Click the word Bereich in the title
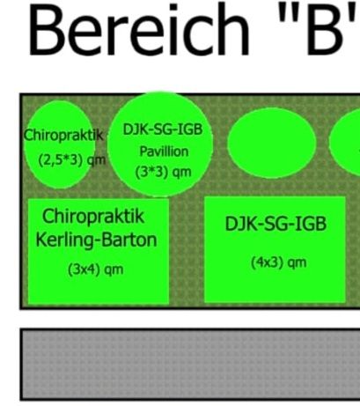[138, 29]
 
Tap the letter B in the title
[324, 29]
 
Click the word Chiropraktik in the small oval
[63, 136]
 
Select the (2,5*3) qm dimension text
[72, 160]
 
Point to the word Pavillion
[164, 151]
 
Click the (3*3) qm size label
[163, 173]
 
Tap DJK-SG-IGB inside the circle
[163, 129]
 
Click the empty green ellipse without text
[272, 143]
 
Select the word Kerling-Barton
[96, 240]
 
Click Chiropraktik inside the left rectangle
[93, 217]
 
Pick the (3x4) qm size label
[95, 269]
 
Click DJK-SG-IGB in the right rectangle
[276, 224]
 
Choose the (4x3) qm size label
[278, 262]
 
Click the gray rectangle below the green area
[190, 365]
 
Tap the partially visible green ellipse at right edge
[345, 142]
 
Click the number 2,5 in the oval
[52, 160]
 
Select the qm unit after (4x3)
[297, 263]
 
